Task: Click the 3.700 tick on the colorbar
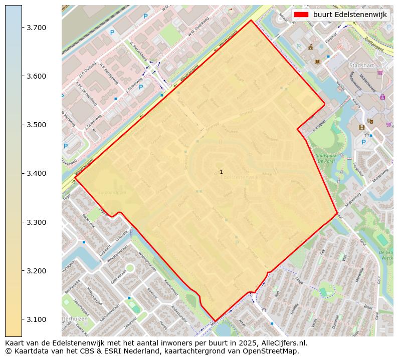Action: tap(37, 27)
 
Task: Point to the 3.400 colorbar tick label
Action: tap(37, 173)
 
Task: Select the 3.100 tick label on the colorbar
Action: tap(37, 319)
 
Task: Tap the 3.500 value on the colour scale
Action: tap(37, 125)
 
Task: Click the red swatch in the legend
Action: tap(301, 15)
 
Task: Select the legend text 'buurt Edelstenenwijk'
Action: tap(350, 15)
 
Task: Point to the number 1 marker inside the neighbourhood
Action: tap(221, 172)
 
